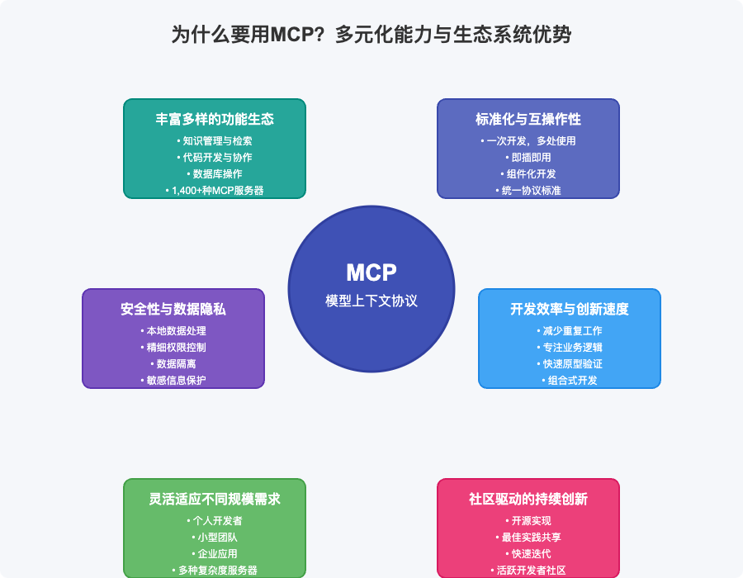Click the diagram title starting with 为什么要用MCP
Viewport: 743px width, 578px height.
point(371,35)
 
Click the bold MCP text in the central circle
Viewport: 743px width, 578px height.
point(371,272)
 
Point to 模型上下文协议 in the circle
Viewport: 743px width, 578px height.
point(371,301)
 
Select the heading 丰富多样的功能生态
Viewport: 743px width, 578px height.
point(215,119)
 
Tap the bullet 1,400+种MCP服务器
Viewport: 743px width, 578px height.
point(215,190)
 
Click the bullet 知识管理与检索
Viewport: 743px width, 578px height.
point(215,140)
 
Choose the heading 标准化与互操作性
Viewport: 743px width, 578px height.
point(528,119)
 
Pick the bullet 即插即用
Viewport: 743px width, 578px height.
point(528,157)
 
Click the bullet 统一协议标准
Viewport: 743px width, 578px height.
point(528,190)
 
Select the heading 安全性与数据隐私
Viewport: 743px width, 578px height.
point(173,309)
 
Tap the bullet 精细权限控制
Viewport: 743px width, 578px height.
point(173,347)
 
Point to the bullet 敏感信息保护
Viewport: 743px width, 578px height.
point(173,380)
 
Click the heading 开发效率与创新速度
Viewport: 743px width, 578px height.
point(570,309)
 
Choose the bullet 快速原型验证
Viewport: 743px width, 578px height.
point(570,363)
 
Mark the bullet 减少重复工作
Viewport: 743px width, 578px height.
point(570,330)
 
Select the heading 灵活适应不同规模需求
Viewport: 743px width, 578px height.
point(215,499)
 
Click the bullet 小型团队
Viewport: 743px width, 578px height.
point(215,537)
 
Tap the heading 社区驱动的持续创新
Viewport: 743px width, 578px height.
point(528,499)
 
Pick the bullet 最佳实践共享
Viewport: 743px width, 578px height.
point(528,537)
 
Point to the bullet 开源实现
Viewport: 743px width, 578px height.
point(528,520)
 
